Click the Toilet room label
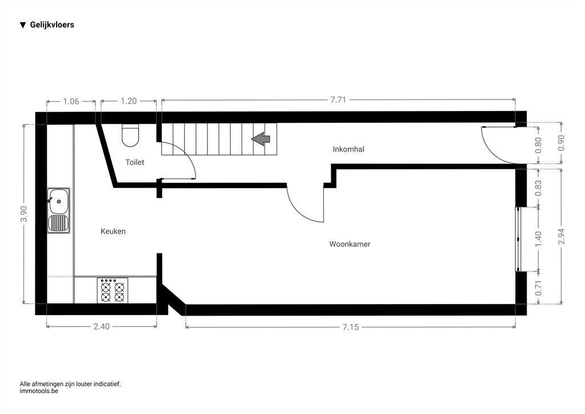click(x=135, y=162)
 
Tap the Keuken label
click(x=113, y=231)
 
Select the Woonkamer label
click(x=350, y=244)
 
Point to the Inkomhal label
click(x=348, y=149)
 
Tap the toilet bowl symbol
click(x=130, y=135)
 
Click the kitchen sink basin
click(x=59, y=201)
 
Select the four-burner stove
click(x=113, y=290)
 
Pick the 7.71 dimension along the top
click(x=338, y=99)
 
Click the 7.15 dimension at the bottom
click(x=351, y=327)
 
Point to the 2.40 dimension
click(x=102, y=327)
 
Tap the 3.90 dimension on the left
click(x=24, y=214)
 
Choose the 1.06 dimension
click(x=71, y=101)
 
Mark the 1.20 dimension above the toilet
click(x=129, y=101)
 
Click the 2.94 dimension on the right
click(x=561, y=236)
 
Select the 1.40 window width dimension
click(x=538, y=239)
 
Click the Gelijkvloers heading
click(x=52, y=25)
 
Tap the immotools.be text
click(x=39, y=391)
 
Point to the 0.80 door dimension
click(x=538, y=145)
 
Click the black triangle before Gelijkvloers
click(x=23, y=25)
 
